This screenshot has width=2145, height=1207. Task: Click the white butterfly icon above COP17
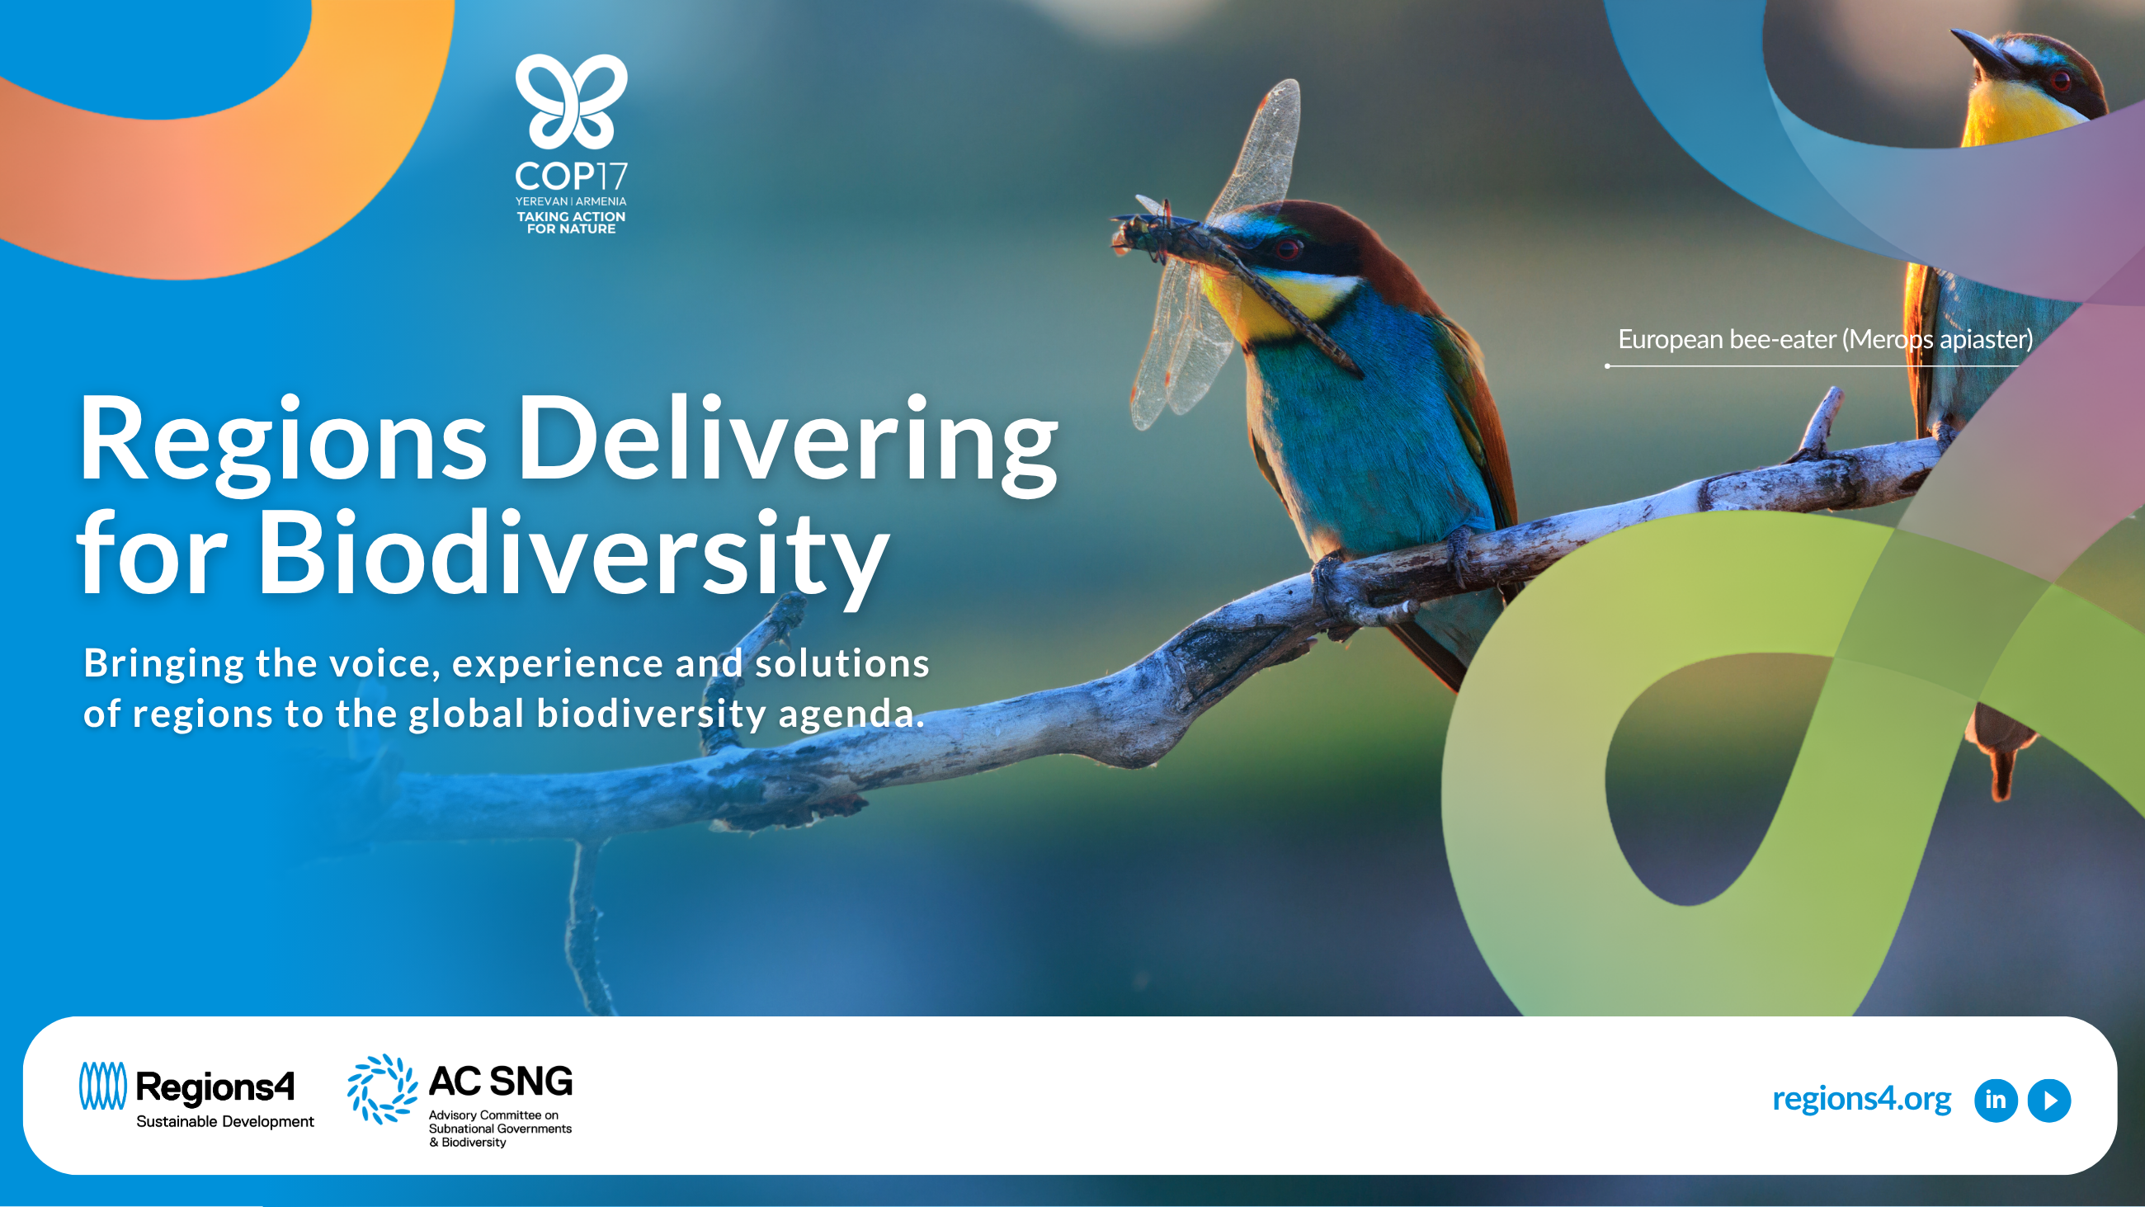(x=571, y=101)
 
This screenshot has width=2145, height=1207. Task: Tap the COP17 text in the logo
(x=571, y=176)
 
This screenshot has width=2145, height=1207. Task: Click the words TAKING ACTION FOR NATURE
(x=571, y=223)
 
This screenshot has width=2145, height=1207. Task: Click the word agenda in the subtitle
(x=851, y=714)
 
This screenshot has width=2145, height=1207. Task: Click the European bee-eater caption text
(x=1825, y=339)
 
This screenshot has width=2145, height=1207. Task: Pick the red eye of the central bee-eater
(x=1287, y=248)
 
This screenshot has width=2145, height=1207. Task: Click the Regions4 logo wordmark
(x=214, y=1087)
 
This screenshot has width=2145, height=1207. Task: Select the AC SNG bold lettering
(x=501, y=1082)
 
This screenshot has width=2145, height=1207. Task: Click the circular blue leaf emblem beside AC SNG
(x=382, y=1089)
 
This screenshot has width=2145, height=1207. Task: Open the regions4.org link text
(x=1861, y=1099)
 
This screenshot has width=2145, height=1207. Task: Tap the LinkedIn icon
(x=1996, y=1101)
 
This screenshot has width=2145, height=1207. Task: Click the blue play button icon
(x=2049, y=1101)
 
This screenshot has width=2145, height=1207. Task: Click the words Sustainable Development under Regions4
(x=225, y=1121)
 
